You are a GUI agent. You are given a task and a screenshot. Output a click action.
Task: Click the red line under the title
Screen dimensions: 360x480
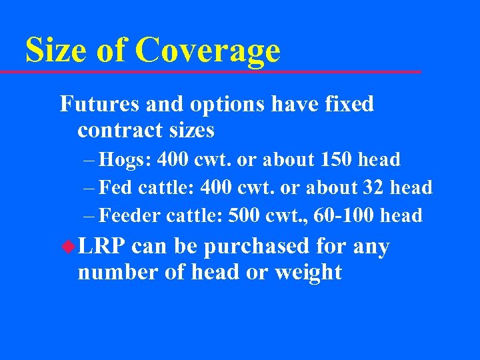click(x=220, y=71)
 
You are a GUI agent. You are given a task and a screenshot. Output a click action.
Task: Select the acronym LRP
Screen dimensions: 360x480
click(x=101, y=247)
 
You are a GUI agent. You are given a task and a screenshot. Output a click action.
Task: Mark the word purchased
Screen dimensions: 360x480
click(x=257, y=247)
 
